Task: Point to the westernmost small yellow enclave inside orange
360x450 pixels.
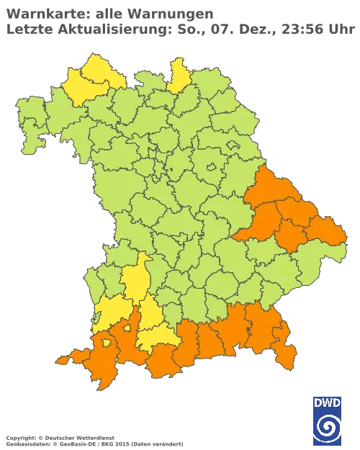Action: point(107,343)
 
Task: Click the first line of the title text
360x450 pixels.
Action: point(108,13)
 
